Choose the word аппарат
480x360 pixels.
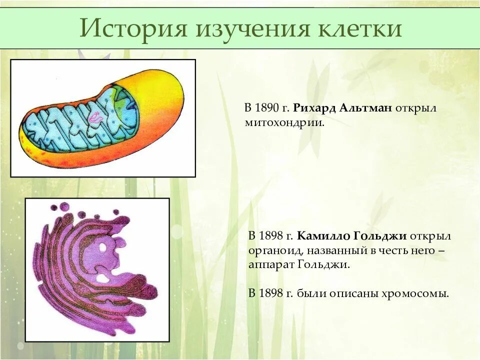[x=268, y=264]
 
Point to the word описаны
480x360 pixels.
[x=349, y=293]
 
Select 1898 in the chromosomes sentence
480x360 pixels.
[x=272, y=293]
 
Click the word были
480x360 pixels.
[x=311, y=293]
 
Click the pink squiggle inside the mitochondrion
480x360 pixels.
[x=96, y=118]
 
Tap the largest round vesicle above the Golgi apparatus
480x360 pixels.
[x=64, y=206]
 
